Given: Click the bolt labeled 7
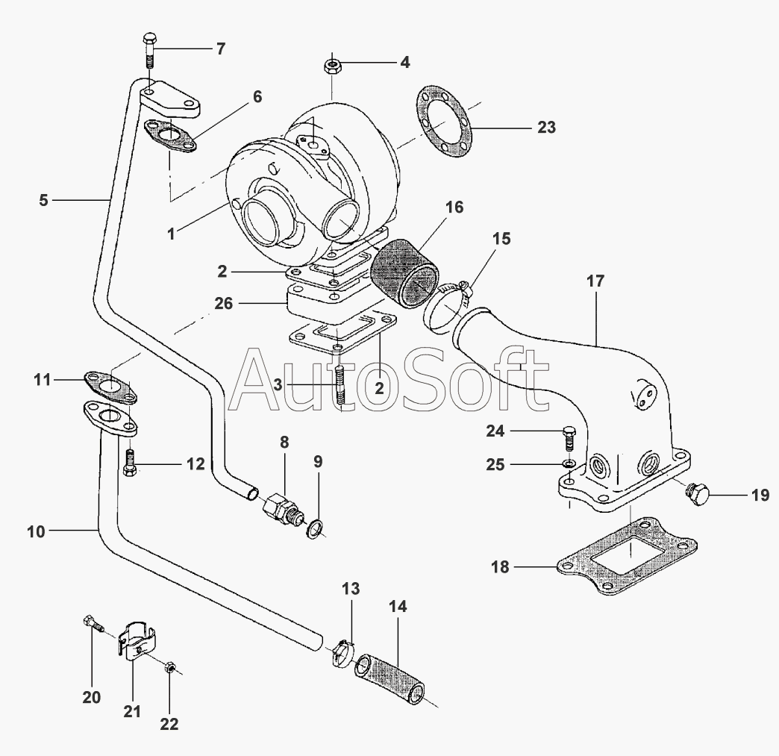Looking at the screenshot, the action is tap(149, 51).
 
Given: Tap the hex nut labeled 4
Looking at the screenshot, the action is tap(331, 65).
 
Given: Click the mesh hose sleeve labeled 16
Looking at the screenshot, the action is tap(404, 275).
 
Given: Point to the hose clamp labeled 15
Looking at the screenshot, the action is tap(447, 307).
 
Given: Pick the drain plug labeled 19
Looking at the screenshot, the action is tap(696, 496).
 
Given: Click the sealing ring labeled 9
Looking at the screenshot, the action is tap(315, 530).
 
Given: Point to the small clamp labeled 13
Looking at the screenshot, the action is tap(342, 652).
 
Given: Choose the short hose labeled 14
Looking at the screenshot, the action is tap(389, 679).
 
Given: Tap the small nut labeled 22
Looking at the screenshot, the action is tap(169, 667).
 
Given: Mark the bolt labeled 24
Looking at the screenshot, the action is tap(569, 438).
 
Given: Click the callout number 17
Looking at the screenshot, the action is tap(595, 281).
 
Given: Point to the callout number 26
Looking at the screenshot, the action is tap(224, 303).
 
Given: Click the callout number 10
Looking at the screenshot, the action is tap(36, 532).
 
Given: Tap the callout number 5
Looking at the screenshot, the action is tap(44, 200).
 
